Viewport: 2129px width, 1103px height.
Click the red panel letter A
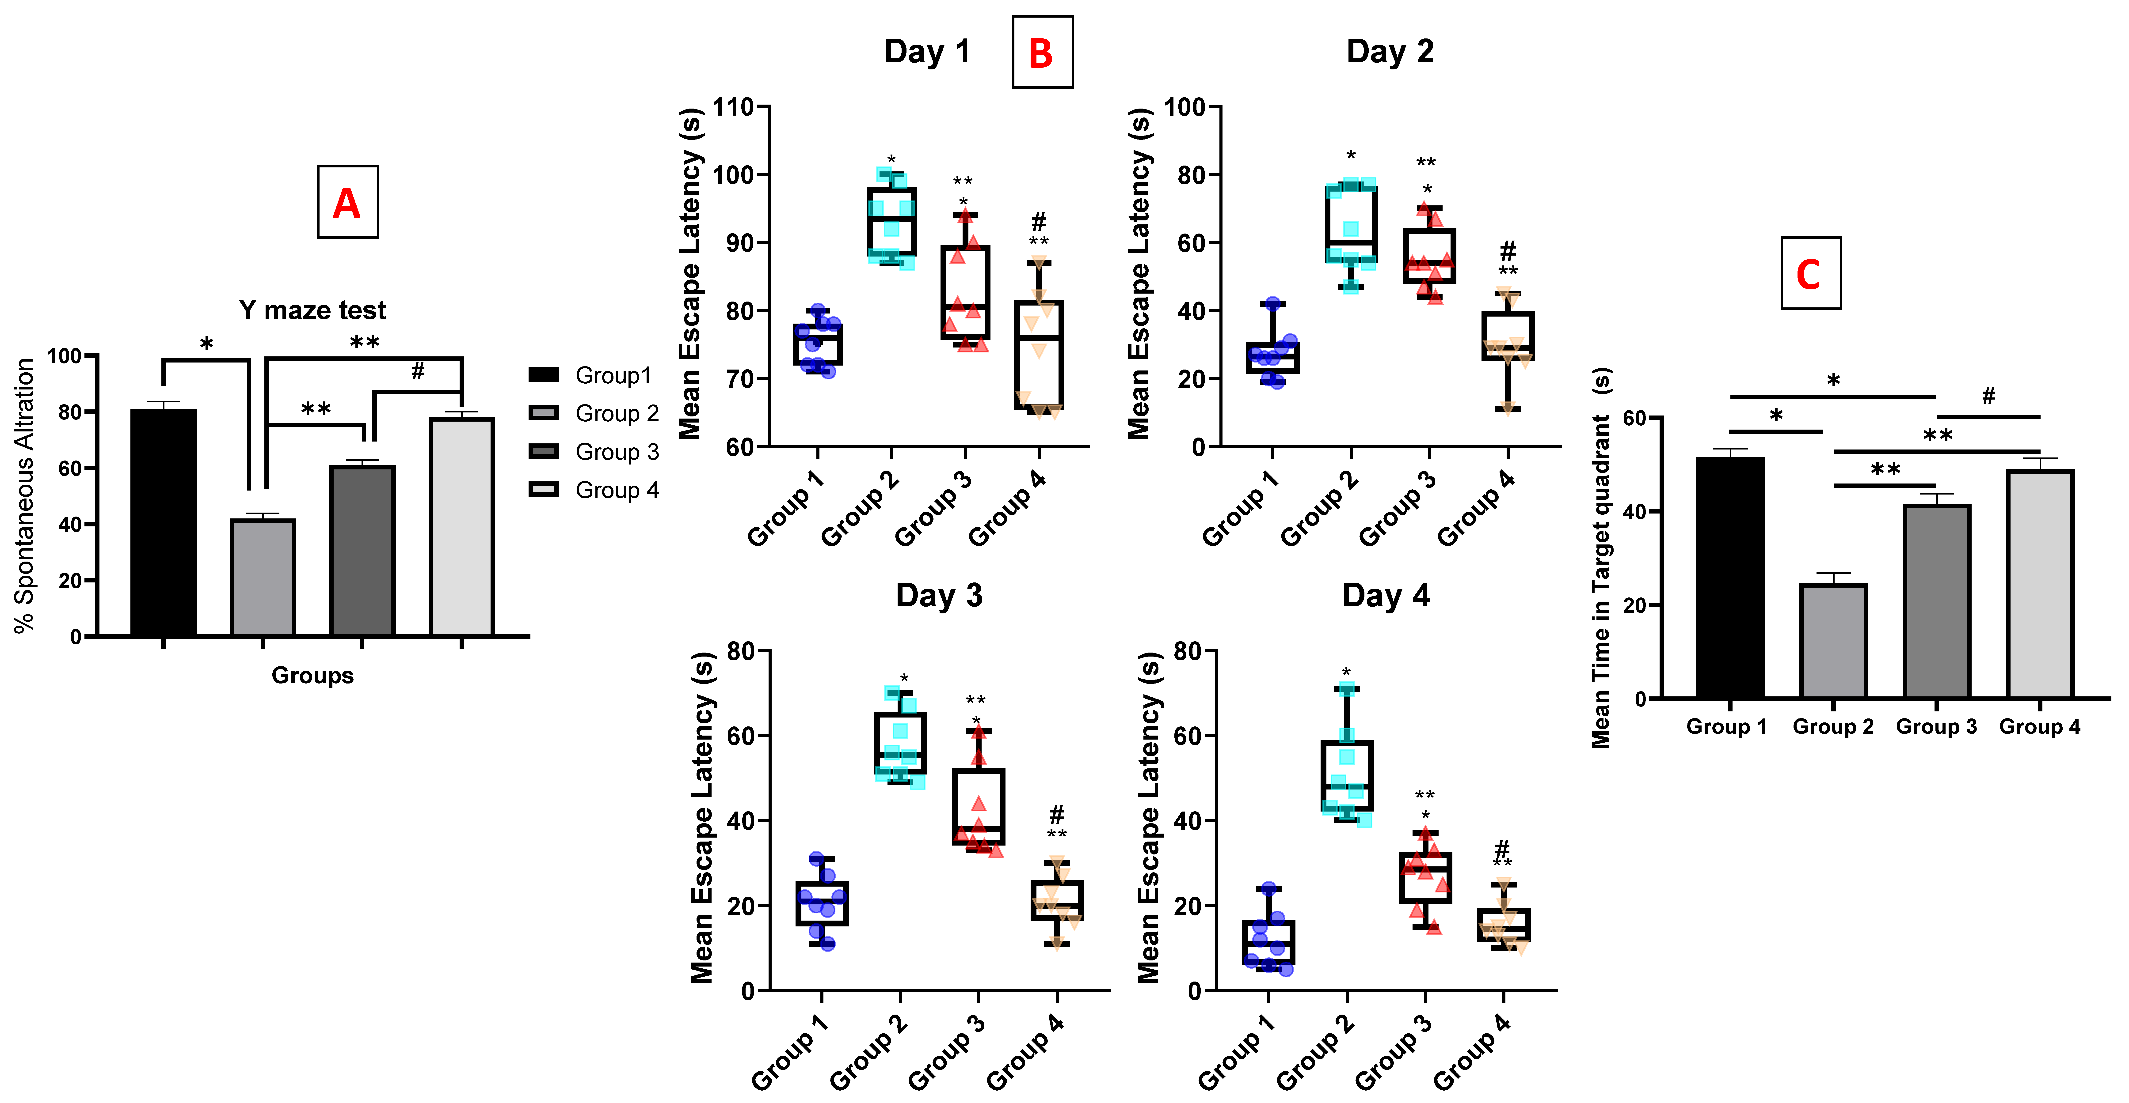347,202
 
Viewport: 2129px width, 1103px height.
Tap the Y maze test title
312,310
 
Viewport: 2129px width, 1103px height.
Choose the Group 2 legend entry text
617,413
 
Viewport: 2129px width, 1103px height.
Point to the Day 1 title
926,51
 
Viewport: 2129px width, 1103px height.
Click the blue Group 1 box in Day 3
822,903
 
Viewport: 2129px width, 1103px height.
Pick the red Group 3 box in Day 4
1425,877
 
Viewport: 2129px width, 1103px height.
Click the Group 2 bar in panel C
1833,641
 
